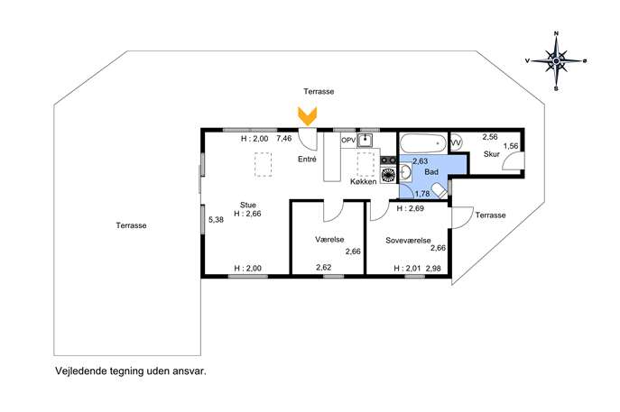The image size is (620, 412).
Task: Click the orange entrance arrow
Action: click(x=307, y=116)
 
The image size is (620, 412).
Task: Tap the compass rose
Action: click(x=556, y=61)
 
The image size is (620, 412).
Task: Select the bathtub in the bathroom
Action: click(x=423, y=142)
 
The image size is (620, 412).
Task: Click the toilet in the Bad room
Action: click(x=439, y=192)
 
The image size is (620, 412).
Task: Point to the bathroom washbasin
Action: click(x=405, y=172)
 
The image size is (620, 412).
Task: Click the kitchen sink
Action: click(x=365, y=141)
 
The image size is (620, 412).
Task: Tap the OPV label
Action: click(x=348, y=141)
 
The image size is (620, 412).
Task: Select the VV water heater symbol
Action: click(x=456, y=142)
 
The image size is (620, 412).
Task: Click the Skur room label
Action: click(x=492, y=154)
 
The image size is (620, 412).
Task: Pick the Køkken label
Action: click(x=364, y=182)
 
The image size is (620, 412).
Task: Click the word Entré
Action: click(x=307, y=160)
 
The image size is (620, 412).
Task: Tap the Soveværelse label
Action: click(x=408, y=240)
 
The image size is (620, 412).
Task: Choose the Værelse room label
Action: click(x=329, y=240)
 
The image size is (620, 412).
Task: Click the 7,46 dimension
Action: click(x=284, y=139)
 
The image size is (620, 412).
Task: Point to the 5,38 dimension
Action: click(x=217, y=220)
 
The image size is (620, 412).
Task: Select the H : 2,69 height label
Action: click(x=411, y=208)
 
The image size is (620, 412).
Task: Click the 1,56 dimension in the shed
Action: click(x=511, y=146)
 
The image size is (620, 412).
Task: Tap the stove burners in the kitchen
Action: click(x=388, y=160)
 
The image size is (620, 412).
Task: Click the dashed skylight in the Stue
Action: click(x=264, y=164)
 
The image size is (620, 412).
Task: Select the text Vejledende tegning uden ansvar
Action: click(x=131, y=371)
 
